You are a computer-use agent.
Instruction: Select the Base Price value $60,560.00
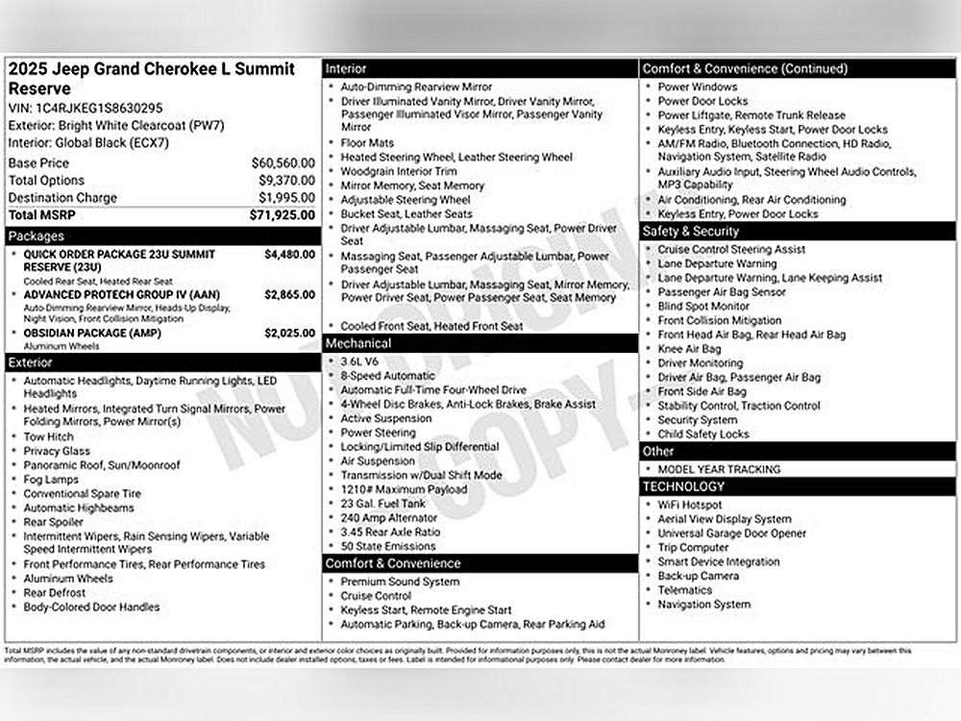pos(283,163)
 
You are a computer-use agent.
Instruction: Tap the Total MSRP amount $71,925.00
pos(283,215)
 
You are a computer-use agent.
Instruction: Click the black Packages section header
pos(162,236)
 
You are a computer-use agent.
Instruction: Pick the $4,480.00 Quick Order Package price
pos(289,255)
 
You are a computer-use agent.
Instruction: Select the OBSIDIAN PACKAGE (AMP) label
pos(92,334)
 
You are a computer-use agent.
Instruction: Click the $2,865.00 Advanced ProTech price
pos(289,294)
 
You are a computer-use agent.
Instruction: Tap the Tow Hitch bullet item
pos(48,436)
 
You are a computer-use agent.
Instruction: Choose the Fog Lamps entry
pos(51,480)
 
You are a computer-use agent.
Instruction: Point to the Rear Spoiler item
pos(54,522)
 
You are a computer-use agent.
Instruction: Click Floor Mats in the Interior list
pos(367,143)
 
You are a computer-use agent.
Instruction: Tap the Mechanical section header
pos(480,343)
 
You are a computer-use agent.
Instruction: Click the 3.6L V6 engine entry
pos(361,361)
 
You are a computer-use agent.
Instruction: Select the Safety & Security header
pos(798,232)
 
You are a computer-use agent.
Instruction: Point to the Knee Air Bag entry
pos(689,349)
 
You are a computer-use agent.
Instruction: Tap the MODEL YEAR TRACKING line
pos(719,469)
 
